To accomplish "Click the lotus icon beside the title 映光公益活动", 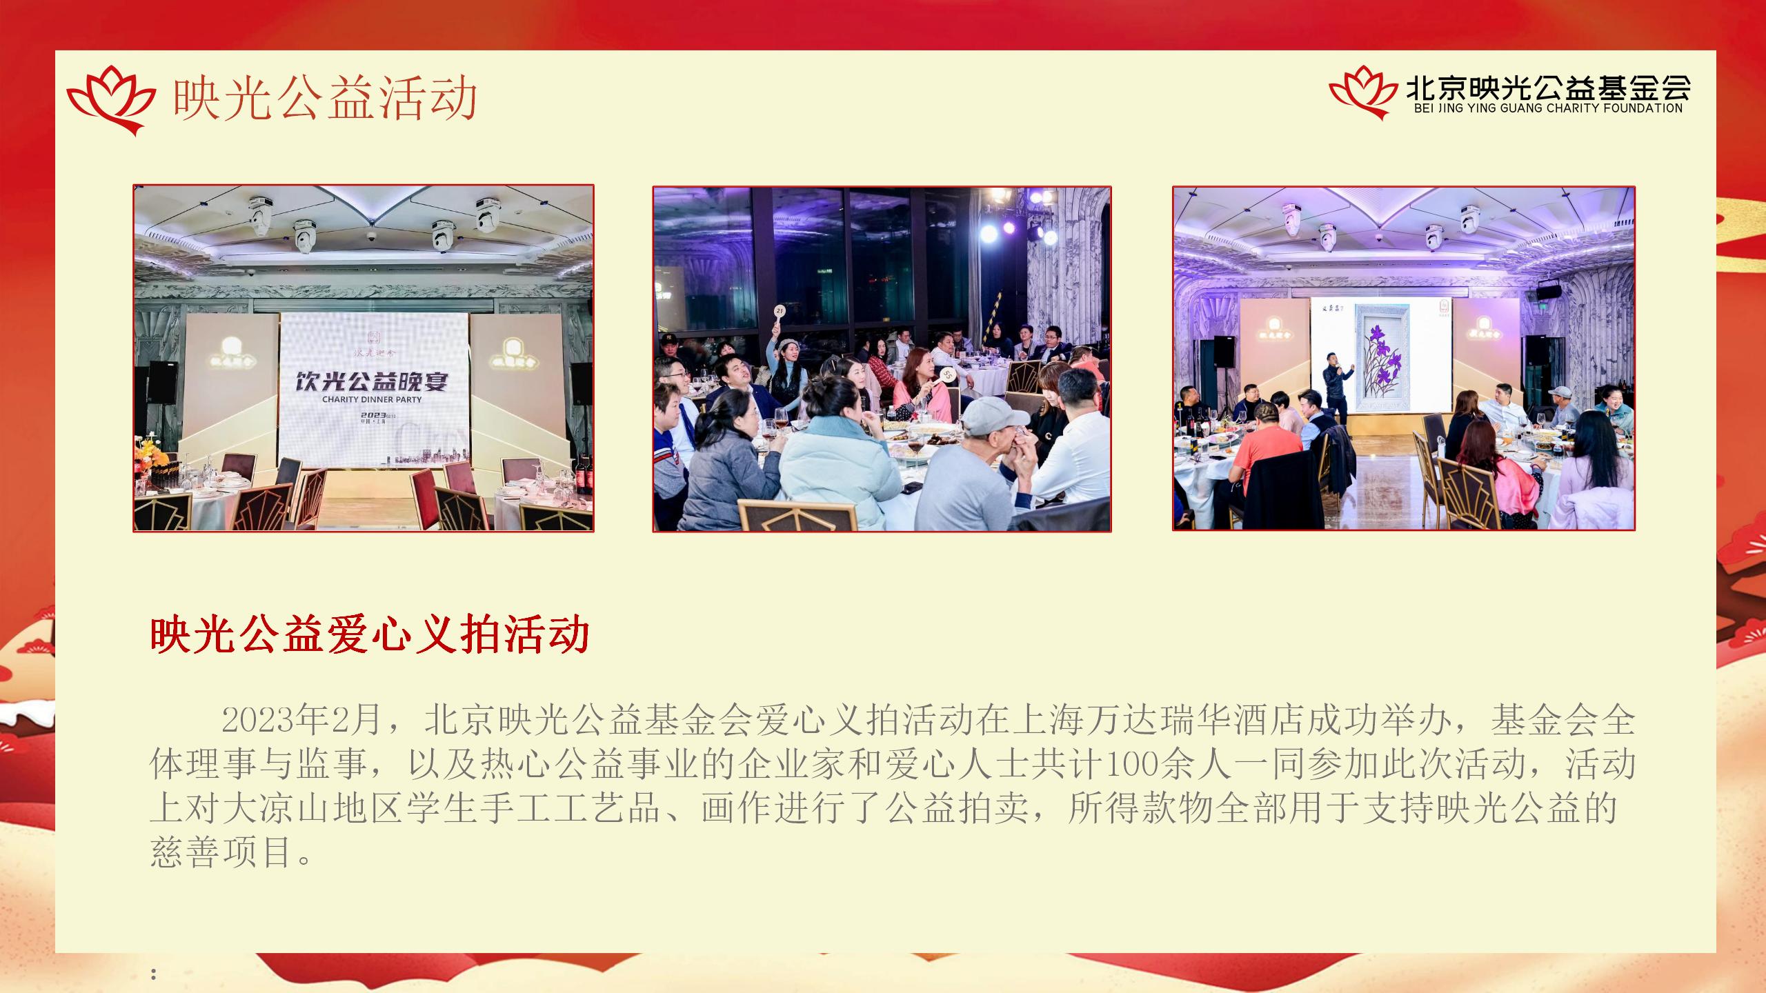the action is pos(110,100).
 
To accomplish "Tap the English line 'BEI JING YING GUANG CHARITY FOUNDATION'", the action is pos(1548,108).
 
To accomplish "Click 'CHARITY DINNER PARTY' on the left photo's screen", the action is pos(372,399).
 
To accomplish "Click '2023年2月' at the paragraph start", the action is pos(301,720).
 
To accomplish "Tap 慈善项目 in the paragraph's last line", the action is pos(221,852).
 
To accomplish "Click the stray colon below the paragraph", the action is pos(153,974).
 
